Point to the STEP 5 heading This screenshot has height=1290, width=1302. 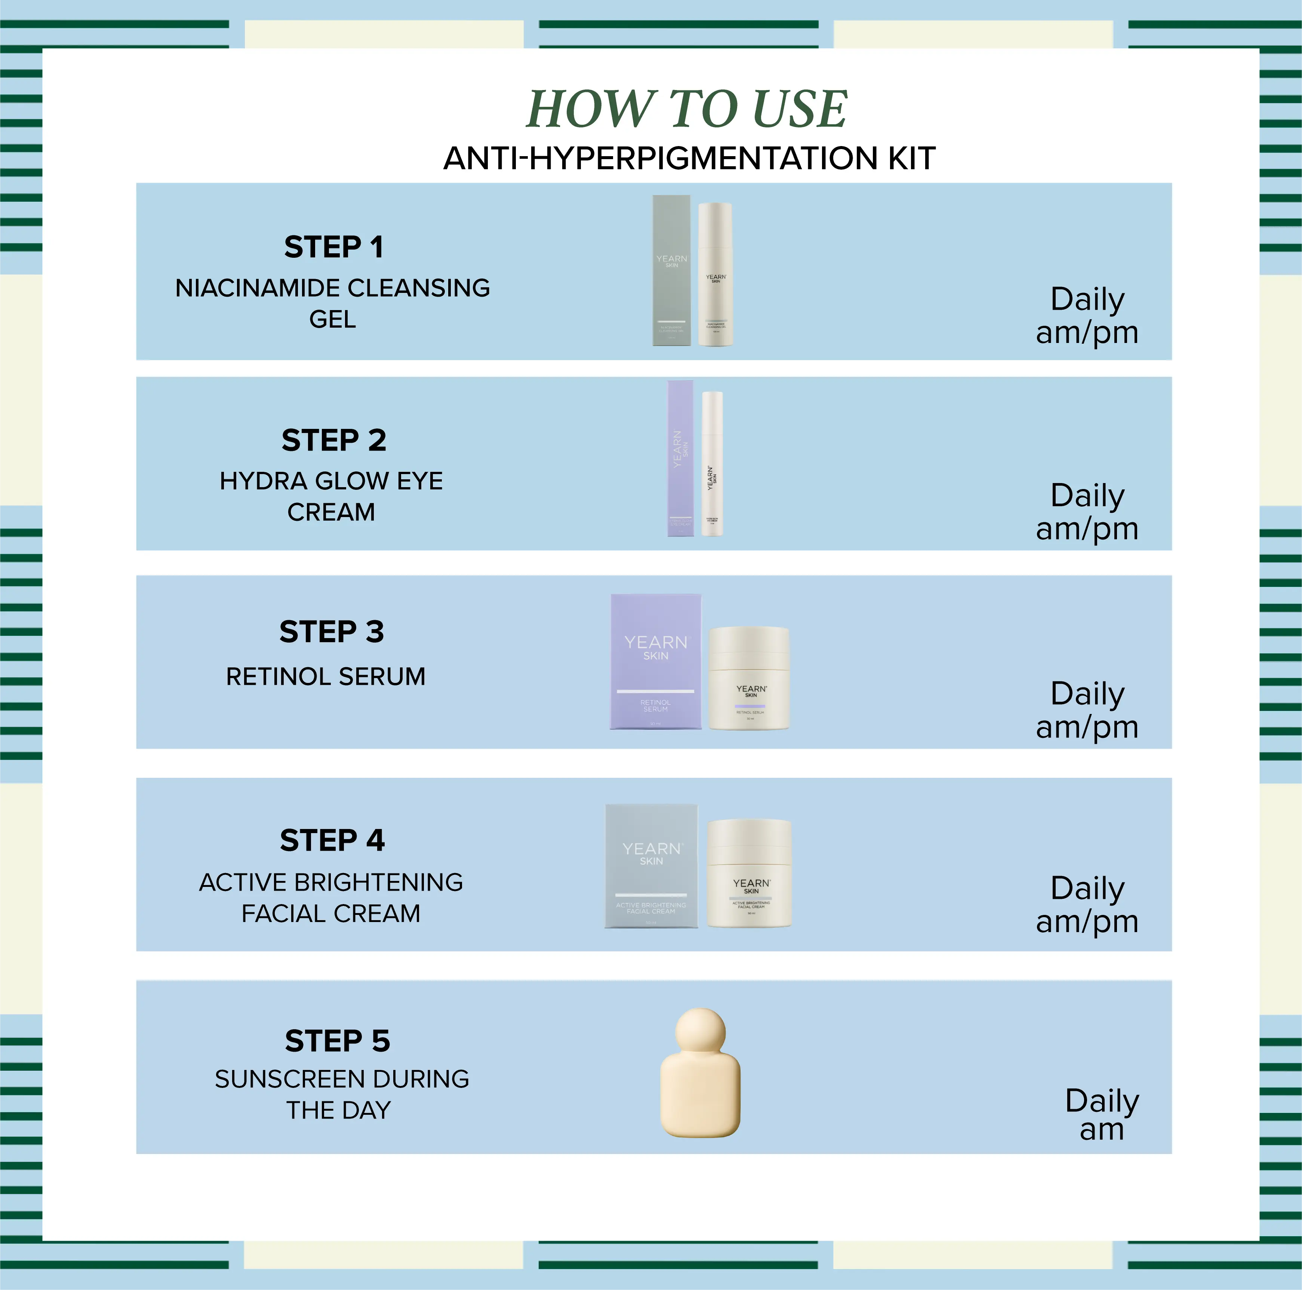[337, 1041]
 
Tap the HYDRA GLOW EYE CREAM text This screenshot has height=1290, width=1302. [331, 496]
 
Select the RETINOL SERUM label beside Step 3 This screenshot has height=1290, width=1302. [326, 676]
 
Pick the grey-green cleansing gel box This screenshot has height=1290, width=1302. [671, 271]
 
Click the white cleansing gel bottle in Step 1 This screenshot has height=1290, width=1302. [715, 275]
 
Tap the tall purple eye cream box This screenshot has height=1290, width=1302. [680, 458]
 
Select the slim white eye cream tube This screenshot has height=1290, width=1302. [712, 464]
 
